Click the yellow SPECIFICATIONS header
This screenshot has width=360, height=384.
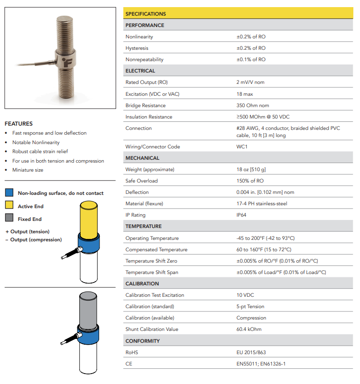pos(146,14)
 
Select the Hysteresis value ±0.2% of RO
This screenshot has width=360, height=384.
pos(251,48)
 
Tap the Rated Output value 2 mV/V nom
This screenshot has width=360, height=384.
pos(250,82)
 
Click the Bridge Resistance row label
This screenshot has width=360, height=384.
pos(146,105)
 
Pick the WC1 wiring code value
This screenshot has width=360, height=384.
pos(242,147)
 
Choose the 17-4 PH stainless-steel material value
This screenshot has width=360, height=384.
pos(261,204)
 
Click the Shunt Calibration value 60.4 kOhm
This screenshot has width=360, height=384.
pos(249,329)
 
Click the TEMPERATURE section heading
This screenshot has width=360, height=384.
pos(143,227)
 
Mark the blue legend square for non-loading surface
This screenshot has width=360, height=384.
pos(9,193)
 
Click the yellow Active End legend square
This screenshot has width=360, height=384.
pos(9,206)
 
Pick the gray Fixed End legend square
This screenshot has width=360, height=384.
pos(9,219)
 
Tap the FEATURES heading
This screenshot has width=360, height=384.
pos(18,124)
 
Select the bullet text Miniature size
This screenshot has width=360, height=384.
pos(28,170)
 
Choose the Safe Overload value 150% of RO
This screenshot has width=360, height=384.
pos(250,181)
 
